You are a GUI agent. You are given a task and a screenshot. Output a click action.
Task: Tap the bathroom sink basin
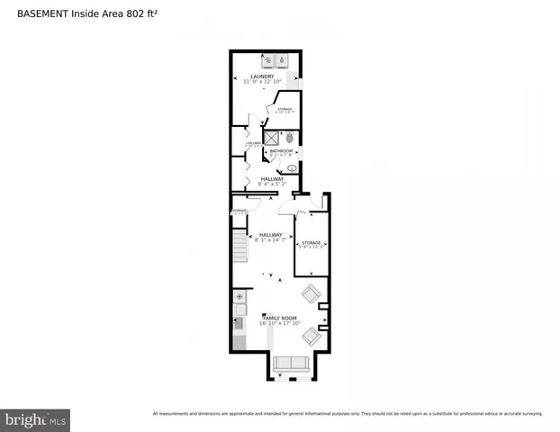[x=292, y=168]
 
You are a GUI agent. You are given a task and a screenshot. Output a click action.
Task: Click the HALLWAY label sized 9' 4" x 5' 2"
[x=272, y=181]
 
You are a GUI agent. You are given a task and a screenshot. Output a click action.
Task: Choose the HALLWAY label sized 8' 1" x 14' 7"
[x=271, y=237]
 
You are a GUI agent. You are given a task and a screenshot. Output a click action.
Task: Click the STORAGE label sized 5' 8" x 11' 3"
[x=312, y=244]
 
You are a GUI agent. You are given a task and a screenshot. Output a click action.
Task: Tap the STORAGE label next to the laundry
[x=285, y=110]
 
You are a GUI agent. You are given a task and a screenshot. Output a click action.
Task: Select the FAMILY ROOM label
[x=278, y=319]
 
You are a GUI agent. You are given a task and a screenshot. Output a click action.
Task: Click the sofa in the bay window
[x=290, y=364]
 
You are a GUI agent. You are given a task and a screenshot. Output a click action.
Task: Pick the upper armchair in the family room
[x=311, y=293]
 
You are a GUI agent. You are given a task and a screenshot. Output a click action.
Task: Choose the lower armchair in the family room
[x=311, y=337]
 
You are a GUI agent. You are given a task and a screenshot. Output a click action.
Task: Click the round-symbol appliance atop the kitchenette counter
[x=239, y=296]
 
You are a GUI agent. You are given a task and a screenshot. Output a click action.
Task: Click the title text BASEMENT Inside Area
[x=92, y=13]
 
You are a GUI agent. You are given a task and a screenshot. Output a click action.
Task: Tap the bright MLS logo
[x=35, y=419]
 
